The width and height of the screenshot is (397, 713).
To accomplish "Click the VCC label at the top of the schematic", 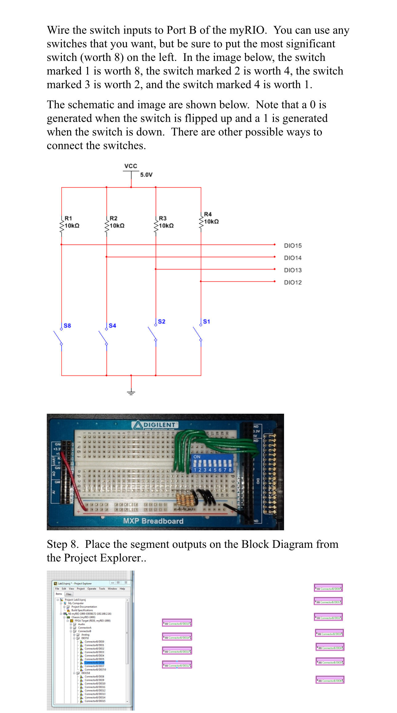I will pos(130,166).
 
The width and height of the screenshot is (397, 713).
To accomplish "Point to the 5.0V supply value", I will pos(146,175).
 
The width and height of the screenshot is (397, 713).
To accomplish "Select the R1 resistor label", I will pos(68,218).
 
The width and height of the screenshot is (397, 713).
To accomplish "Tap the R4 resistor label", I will pos(208,214).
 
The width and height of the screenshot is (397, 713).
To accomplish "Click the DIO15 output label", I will pos(293,245).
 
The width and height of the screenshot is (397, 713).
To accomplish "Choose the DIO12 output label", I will pos(293,282).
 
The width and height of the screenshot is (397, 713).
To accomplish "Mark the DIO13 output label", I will pos(293,270).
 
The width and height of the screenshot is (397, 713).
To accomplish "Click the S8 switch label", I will pos(67,325).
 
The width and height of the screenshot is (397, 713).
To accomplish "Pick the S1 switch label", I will pos(207,321).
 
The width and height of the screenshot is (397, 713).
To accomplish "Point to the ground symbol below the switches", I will pos(131,392).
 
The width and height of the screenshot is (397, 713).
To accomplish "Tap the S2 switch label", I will pos(162,321).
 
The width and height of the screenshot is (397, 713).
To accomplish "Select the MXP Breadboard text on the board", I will pos(153,521).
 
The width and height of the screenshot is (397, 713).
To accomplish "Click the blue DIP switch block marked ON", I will pos(212,463).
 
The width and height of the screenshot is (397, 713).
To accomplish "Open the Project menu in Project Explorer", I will pos(81,589).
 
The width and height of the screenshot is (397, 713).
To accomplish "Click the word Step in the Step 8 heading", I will pos(57,544).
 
